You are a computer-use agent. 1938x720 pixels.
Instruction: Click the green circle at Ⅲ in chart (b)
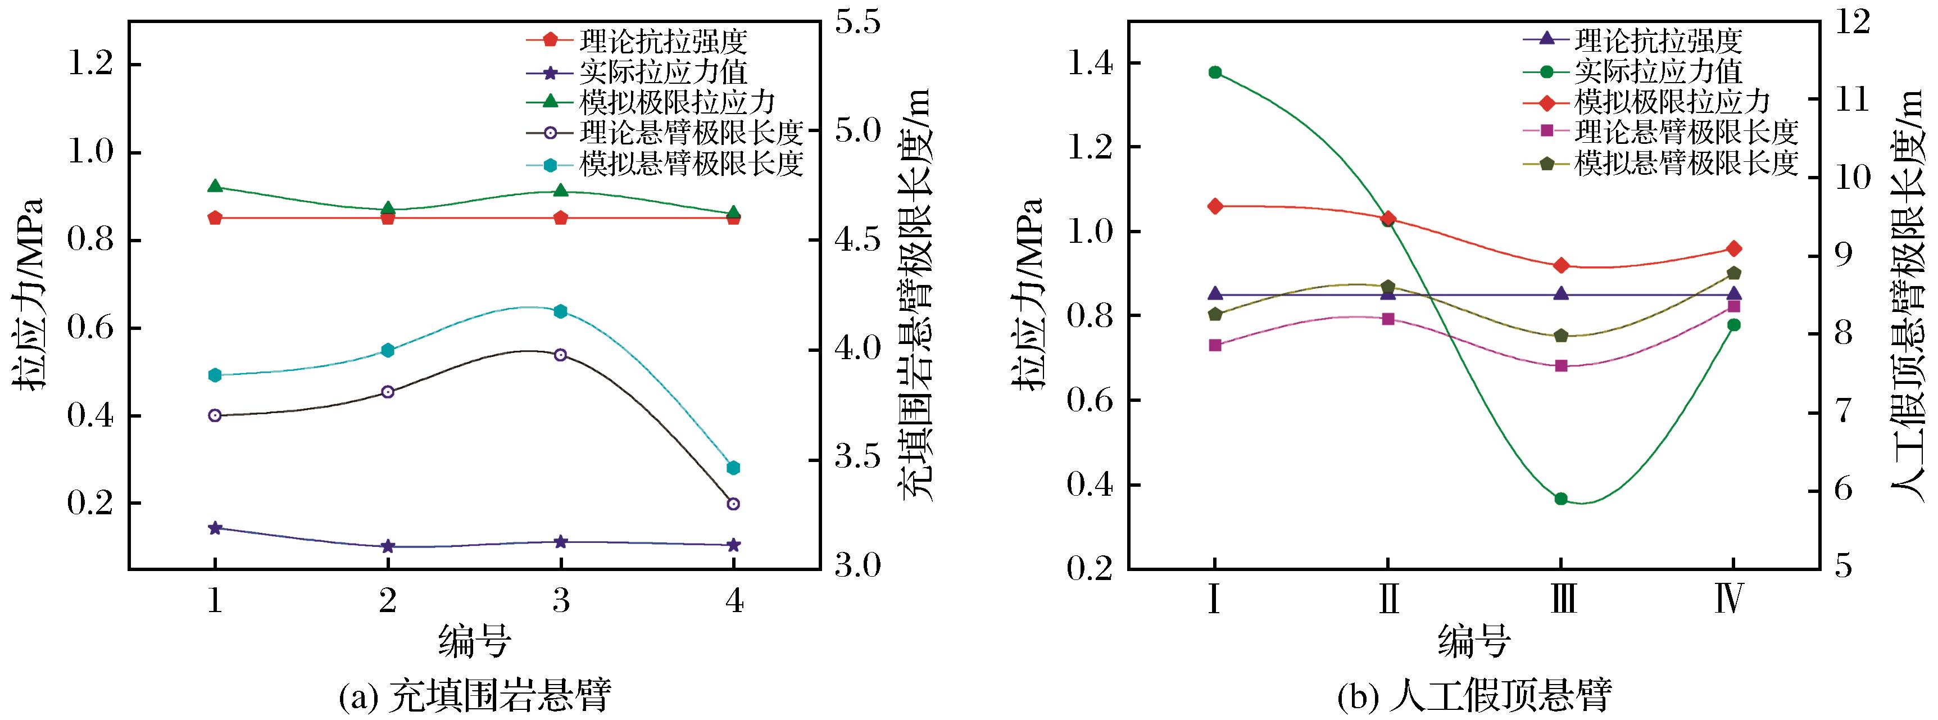[x=1560, y=499]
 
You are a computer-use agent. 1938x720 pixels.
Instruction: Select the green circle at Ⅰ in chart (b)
[x=1215, y=73]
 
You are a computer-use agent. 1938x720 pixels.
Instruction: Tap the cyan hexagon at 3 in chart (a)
[x=560, y=311]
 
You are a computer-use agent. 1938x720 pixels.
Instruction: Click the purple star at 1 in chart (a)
[x=215, y=528]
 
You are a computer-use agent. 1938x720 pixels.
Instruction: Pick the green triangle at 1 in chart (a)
[x=215, y=186]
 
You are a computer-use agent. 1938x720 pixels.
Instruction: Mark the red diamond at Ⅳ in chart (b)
[x=1733, y=249]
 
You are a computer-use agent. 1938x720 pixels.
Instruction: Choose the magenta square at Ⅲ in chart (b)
[x=1560, y=366]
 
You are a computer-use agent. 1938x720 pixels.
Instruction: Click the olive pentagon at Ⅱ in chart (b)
[x=1388, y=287]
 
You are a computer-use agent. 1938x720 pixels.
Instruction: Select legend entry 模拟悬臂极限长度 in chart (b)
[x=1686, y=162]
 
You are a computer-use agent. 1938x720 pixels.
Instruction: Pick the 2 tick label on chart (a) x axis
[x=388, y=600]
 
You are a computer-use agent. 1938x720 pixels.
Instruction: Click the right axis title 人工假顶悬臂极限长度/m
[x=1907, y=293]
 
